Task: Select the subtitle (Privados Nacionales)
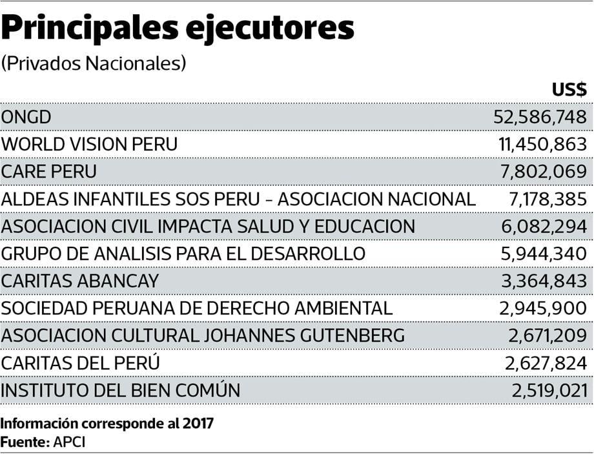[94, 63]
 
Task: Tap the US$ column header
[569, 90]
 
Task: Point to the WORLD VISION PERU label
[89, 144]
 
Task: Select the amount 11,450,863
[542, 144]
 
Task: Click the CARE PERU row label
[49, 172]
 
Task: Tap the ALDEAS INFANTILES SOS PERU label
[238, 199]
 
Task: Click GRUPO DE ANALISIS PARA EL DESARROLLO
[183, 254]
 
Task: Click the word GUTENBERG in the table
[347, 336]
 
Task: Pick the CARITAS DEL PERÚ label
[81, 363]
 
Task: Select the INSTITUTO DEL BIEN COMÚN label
[121, 391]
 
